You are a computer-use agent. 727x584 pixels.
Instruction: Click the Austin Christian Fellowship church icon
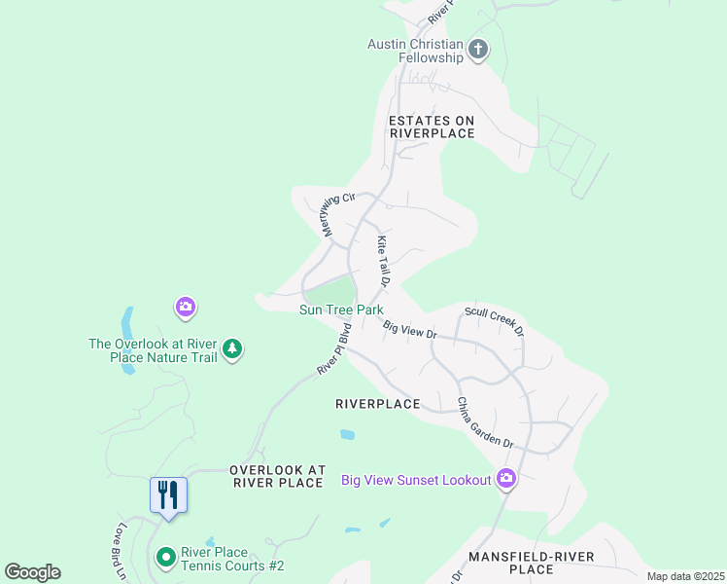477,50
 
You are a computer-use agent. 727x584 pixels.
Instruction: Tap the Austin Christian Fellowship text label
415,51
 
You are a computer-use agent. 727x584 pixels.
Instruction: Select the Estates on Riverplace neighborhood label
432,127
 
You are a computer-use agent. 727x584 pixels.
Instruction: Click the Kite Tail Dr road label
383,262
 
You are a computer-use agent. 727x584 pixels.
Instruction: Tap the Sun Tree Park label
341,310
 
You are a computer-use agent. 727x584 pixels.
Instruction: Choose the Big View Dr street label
409,330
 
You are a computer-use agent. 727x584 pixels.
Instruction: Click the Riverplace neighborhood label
377,404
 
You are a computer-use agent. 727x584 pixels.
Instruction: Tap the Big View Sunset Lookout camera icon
505,478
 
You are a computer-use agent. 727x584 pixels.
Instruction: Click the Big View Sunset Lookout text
416,480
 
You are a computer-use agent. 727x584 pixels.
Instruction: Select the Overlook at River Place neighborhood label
276,476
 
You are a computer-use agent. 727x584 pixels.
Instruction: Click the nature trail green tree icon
231,349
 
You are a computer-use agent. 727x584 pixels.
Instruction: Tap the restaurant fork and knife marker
168,495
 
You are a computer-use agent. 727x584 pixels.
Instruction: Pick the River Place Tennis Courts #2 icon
165,558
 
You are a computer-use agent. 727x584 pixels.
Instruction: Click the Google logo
32,572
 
